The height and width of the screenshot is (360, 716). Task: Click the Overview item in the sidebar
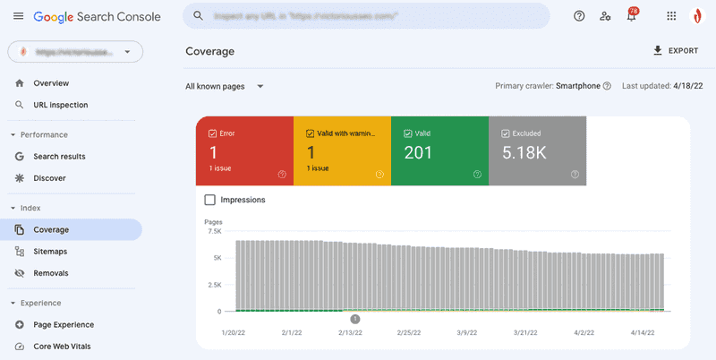(50, 83)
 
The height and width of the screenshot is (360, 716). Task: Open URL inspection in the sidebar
(60, 105)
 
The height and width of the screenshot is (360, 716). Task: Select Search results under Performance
(59, 157)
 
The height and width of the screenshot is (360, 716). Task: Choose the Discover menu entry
(49, 178)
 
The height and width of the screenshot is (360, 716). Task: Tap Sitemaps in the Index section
(50, 252)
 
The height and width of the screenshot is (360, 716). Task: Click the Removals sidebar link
(50, 273)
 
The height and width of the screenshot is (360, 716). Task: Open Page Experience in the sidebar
(63, 325)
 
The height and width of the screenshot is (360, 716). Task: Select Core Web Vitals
(62, 347)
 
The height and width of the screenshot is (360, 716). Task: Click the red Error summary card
(244, 150)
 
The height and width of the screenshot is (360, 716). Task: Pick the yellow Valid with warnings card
(342, 150)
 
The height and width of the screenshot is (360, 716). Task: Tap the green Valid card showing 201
(439, 150)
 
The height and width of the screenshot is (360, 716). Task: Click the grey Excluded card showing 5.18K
(537, 150)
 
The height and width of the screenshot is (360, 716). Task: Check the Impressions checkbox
(210, 200)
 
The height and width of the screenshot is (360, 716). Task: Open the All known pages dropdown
(225, 87)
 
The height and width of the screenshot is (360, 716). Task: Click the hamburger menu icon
(19, 16)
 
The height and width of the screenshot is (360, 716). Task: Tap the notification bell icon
(632, 16)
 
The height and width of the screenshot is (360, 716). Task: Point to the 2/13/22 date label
(350, 332)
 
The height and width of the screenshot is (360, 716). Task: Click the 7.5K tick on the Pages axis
(213, 231)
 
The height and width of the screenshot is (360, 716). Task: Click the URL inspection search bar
(366, 16)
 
